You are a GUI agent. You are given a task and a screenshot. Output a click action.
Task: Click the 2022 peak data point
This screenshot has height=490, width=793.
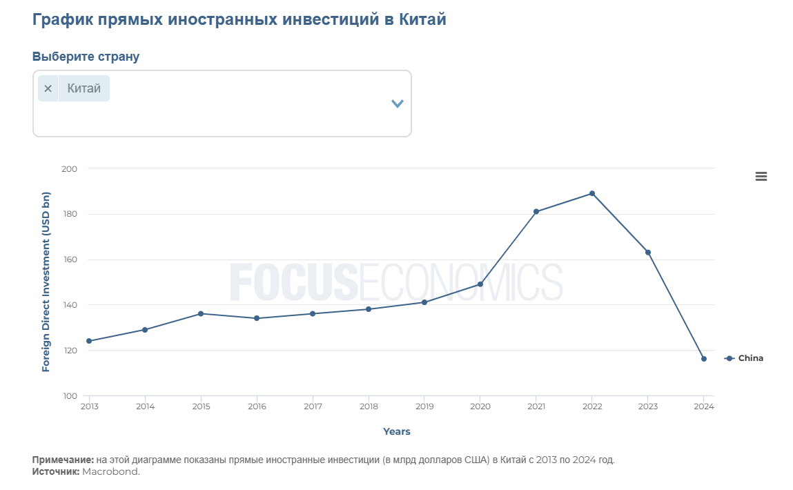point(592,193)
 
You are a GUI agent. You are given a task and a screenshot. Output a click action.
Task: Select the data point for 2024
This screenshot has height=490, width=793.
point(704,359)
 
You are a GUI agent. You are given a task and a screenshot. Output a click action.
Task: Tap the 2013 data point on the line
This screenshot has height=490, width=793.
point(89,341)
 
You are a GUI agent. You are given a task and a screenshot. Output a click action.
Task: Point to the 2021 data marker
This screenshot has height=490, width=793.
point(536,211)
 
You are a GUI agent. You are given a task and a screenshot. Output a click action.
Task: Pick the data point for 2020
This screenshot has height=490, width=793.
point(480,284)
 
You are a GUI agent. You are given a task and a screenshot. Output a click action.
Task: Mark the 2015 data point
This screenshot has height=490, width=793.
point(201,313)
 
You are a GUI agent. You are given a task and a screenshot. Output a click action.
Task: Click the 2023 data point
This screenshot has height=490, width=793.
point(648,252)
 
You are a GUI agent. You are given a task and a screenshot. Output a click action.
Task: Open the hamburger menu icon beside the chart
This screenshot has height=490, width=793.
point(761,177)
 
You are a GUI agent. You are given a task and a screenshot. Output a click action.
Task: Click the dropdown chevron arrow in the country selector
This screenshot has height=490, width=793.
point(397,104)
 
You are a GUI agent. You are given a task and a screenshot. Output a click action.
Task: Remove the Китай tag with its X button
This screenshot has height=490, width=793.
point(48,88)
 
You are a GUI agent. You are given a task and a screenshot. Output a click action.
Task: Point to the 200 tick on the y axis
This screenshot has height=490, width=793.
point(69,169)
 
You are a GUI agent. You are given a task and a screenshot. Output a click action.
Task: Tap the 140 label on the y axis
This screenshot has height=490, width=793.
point(69,305)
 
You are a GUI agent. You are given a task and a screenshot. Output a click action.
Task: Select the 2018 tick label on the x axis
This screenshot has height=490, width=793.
point(369,406)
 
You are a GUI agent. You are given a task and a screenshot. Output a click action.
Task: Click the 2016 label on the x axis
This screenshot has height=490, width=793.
point(257,406)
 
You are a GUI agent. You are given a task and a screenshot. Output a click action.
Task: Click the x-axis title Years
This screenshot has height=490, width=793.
point(397,431)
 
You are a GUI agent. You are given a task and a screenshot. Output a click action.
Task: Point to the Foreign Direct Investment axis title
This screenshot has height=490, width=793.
point(46,282)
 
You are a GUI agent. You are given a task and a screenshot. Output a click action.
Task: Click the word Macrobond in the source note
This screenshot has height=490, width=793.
point(110,471)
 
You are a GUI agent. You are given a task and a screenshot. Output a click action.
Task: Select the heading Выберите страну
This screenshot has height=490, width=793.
point(86,57)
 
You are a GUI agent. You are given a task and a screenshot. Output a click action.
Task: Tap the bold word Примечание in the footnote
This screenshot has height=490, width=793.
point(62,460)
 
